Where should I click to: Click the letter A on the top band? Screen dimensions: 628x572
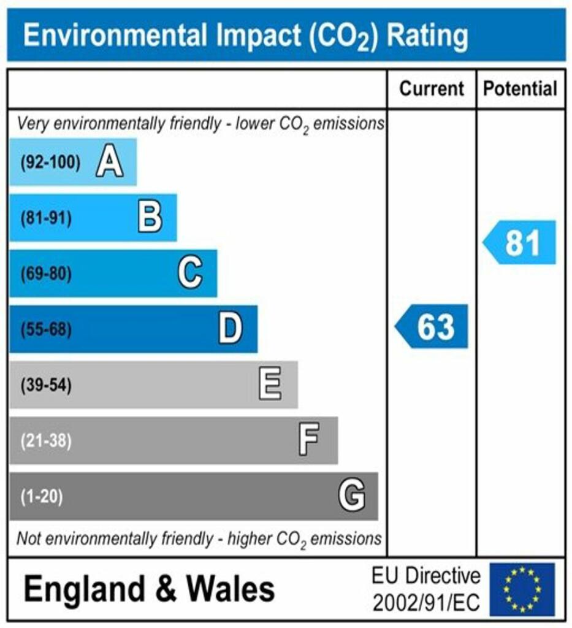click(109, 163)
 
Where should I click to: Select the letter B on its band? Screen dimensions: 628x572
click(150, 218)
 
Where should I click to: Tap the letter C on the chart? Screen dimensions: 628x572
click(190, 274)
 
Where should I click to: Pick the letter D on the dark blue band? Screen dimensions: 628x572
click(231, 329)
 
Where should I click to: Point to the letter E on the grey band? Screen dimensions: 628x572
click(270, 385)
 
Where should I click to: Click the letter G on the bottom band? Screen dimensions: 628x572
click(352, 496)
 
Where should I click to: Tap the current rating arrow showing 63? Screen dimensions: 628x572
click(432, 326)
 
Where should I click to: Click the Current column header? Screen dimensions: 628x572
click(432, 89)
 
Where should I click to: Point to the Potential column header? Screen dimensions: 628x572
click(521, 89)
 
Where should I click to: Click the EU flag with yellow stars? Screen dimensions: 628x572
click(521, 589)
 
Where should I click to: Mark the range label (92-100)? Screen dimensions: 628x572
click(50, 163)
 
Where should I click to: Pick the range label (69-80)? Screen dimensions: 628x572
click(47, 274)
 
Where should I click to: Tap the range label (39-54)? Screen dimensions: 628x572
click(47, 386)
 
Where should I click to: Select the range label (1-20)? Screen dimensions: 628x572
click(42, 496)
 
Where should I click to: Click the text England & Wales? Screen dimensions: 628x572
click(149, 590)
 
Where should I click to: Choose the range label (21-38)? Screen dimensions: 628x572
click(47, 441)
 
